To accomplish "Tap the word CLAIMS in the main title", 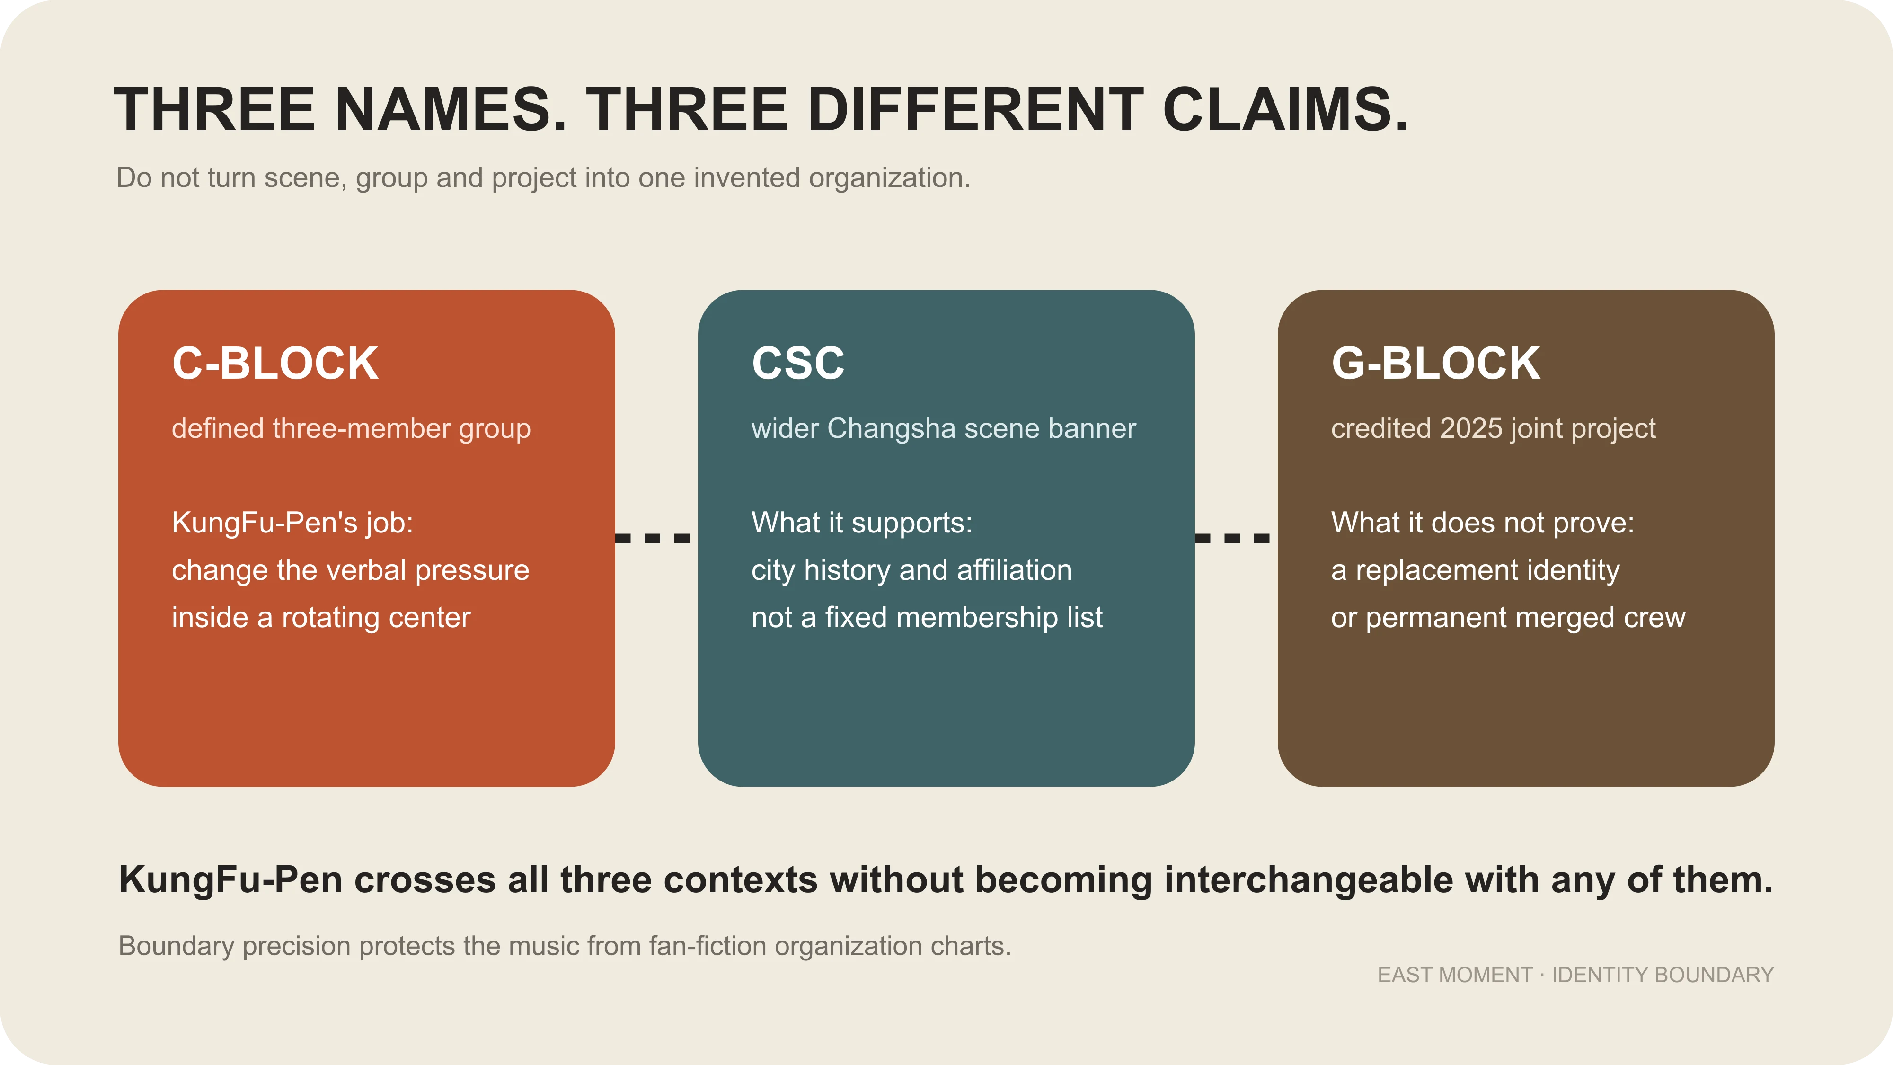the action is pos(1286,109).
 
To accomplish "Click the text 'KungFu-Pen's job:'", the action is pos(292,524).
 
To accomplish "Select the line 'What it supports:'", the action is pos(861,524).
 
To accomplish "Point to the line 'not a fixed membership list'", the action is pos(927,617).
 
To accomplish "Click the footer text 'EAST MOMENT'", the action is pos(1455,976).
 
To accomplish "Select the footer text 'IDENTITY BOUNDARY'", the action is pos(1663,976).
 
